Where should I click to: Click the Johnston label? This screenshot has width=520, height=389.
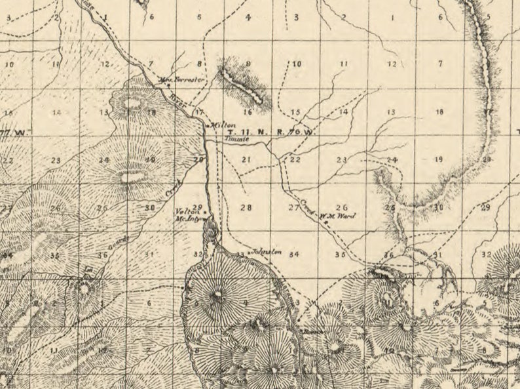coord(267,251)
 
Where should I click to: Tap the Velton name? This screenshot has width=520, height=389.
coord(189,211)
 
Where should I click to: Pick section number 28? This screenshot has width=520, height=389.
coord(246,207)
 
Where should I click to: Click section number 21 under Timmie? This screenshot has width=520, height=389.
coord(246,159)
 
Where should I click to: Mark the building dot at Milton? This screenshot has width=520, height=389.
coord(207,125)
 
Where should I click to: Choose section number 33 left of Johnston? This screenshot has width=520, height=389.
coord(241,253)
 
